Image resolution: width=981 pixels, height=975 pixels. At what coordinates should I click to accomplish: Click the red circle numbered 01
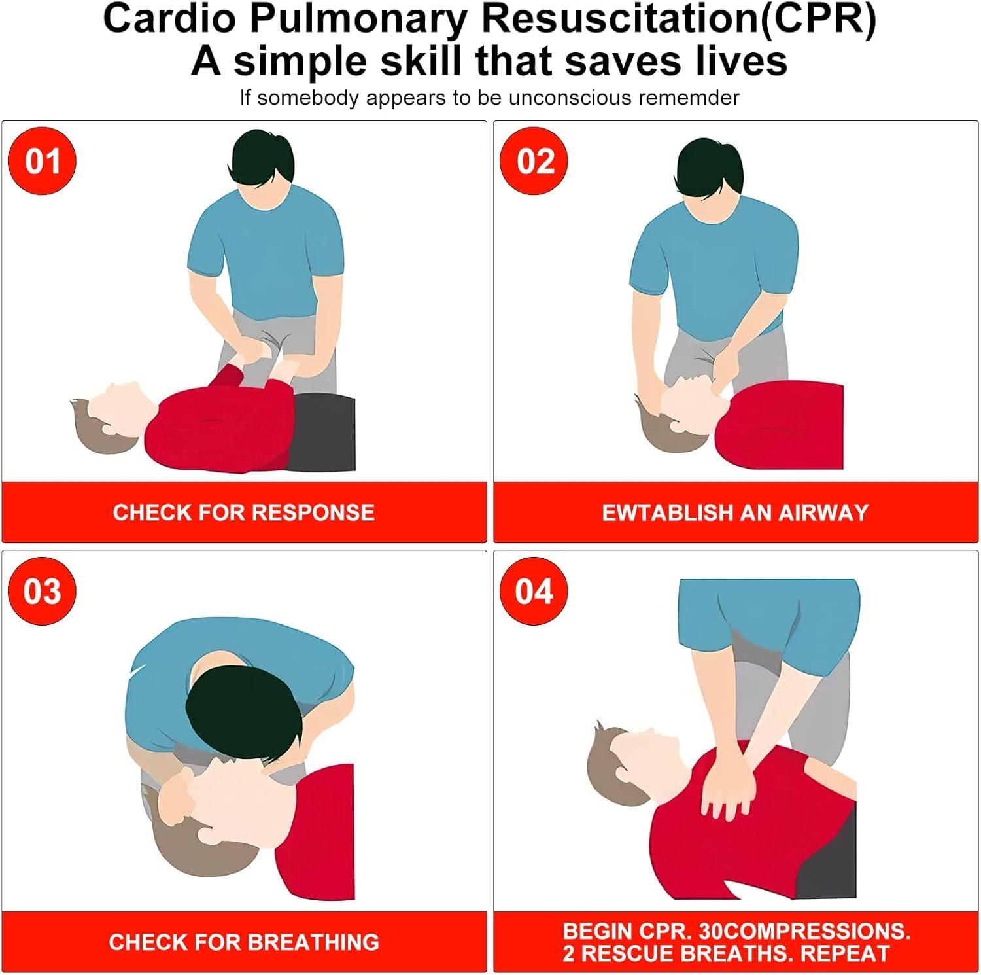[x=42, y=161]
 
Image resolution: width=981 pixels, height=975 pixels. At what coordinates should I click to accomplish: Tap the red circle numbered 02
[x=534, y=161]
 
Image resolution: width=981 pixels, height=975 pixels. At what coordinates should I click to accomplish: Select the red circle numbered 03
[x=42, y=591]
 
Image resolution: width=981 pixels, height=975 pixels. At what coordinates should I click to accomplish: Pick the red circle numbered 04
[x=534, y=591]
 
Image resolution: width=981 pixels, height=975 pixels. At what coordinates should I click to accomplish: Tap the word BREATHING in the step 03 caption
[x=313, y=942]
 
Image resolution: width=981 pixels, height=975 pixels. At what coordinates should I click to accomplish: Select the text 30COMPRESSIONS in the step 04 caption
[x=804, y=931]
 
